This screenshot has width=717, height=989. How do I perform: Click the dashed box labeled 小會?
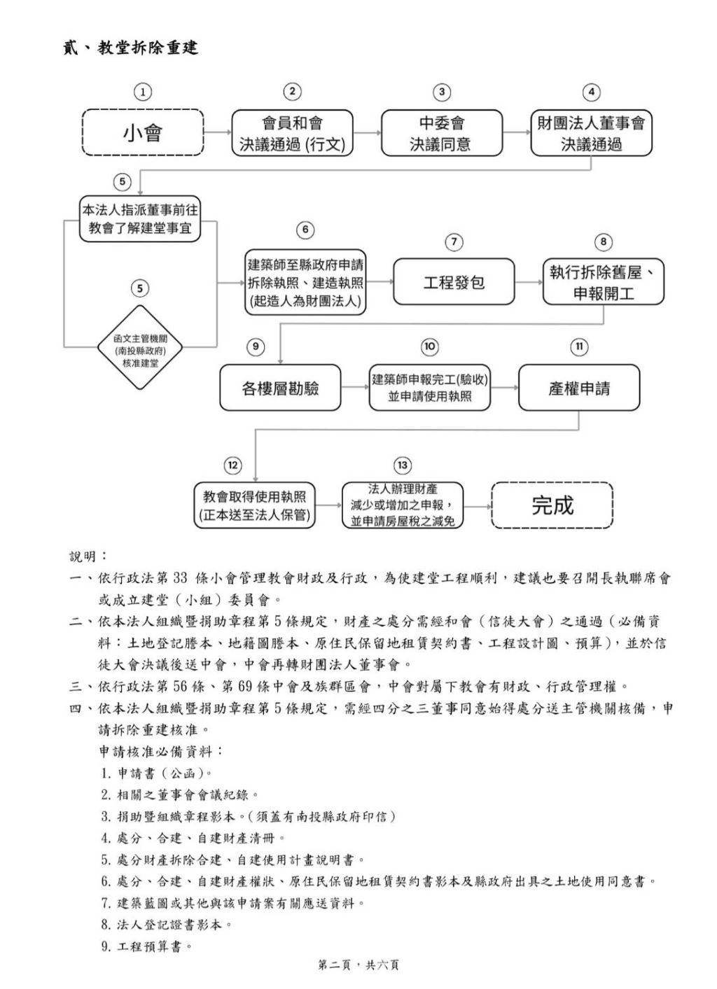(143, 132)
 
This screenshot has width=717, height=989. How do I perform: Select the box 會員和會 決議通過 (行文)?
(292, 132)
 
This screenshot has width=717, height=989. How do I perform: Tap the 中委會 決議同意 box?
(441, 132)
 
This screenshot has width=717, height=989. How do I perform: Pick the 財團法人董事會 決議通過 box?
(591, 132)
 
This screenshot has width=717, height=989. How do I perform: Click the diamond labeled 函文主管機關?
(140, 347)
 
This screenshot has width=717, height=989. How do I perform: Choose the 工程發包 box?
(454, 282)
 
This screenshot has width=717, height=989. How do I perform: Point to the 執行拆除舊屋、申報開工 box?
(603, 282)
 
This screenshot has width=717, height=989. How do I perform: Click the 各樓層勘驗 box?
(280, 388)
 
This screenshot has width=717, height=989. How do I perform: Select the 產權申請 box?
(578, 388)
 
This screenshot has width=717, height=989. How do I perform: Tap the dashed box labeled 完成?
(552, 505)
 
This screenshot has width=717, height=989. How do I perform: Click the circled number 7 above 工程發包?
(454, 242)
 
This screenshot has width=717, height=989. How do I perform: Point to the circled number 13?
(402, 465)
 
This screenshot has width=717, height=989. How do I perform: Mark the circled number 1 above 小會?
(143, 92)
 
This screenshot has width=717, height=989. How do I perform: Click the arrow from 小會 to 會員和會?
(218, 132)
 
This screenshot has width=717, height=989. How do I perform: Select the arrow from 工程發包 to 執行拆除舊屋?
(529, 282)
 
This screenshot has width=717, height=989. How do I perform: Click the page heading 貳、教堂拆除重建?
(130, 48)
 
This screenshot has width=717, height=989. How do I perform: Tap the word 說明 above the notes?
(88, 556)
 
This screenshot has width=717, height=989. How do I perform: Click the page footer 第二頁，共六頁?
(358, 965)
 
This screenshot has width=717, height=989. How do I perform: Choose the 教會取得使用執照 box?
(255, 505)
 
